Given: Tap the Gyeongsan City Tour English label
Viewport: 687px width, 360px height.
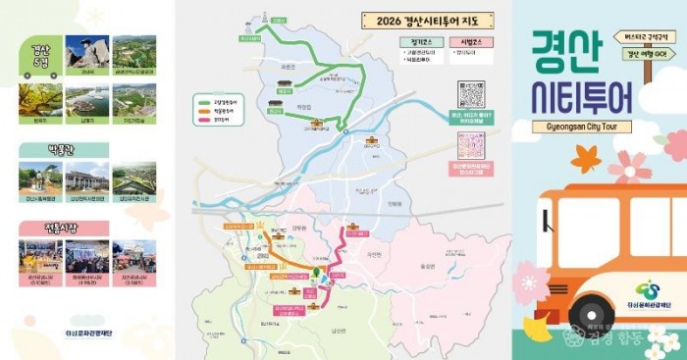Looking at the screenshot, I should click(582, 127).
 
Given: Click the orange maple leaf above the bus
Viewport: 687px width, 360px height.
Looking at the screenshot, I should click(585, 156).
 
